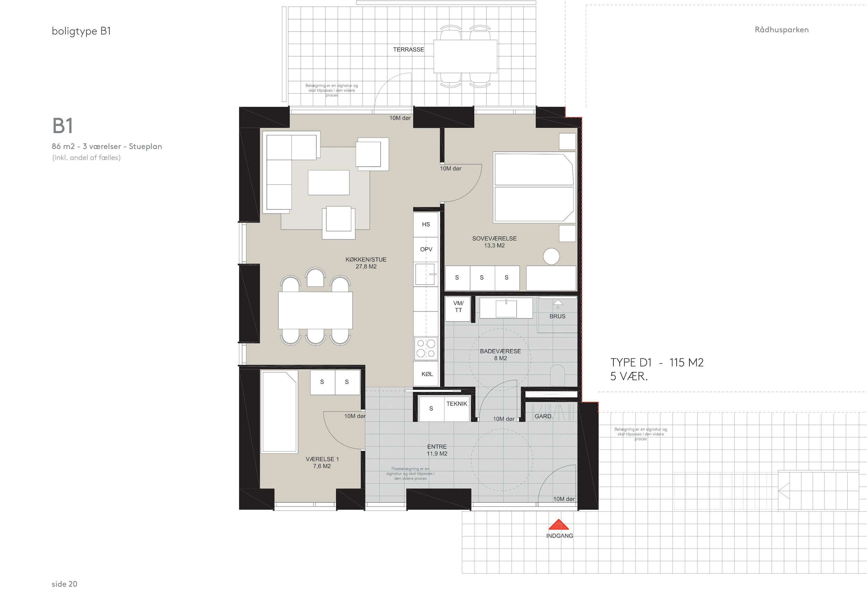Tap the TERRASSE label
click(408, 50)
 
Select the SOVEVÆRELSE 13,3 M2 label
click(494, 242)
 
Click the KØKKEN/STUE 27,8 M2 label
click(366, 263)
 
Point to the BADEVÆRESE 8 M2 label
click(500, 355)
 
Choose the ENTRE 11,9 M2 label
click(437, 450)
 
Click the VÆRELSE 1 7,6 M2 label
click(322, 463)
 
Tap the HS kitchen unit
click(426, 225)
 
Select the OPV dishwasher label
click(426, 250)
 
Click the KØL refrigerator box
click(426, 374)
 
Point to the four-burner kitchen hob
click(426, 348)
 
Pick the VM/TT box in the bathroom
click(458, 309)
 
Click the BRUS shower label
click(557, 317)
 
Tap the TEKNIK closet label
click(456, 404)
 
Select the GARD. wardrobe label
click(543, 416)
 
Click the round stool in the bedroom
click(551, 257)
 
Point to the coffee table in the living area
click(328, 183)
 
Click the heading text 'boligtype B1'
click(81, 31)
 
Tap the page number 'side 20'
click(65, 584)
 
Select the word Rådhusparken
click(782, 30)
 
